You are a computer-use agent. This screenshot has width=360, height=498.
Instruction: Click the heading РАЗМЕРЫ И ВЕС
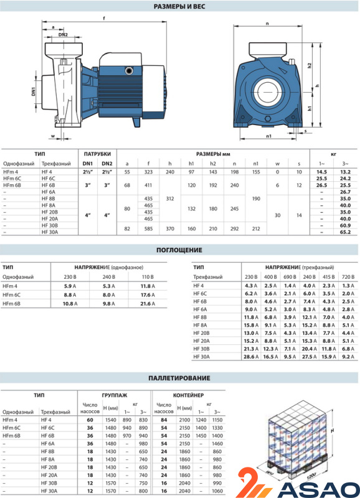tap(179, 6)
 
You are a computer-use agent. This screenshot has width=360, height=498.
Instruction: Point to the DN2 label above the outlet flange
tap(63, 35)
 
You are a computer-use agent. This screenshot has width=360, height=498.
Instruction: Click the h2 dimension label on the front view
tap(310, 65)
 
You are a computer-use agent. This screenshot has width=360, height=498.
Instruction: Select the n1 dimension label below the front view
tap(269, 136)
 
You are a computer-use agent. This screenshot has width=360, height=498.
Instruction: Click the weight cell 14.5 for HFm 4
tap(321, 172)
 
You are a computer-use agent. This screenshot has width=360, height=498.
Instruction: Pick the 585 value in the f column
tap(148, 228)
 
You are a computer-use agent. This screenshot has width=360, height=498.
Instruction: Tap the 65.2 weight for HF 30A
tap(345, 232)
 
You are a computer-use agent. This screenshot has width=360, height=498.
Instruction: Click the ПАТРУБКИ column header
tap(97, 154)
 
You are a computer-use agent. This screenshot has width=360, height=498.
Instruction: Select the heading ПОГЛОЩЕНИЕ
tap(179, 250)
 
